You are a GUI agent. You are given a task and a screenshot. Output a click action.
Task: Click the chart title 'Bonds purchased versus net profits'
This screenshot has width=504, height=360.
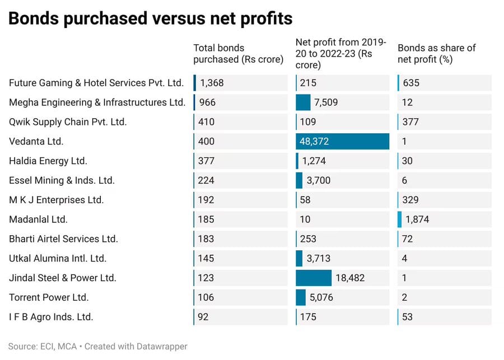click(x=151, y=18)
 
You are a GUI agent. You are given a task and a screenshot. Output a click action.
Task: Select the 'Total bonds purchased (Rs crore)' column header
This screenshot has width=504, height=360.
click(x=238, y=53)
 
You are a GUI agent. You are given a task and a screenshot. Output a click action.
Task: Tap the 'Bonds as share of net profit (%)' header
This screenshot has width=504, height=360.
click(x=436, y=53)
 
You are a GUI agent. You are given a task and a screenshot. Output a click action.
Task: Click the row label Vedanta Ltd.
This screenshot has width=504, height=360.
click(x=36, y=142)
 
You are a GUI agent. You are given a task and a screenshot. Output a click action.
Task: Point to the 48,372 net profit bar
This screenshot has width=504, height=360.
click(x=342, y=142)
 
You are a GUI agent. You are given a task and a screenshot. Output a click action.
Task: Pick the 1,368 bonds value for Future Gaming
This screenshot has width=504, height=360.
click(x=212, y=83)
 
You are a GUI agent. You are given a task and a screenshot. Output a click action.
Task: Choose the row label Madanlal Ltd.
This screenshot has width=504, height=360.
click(x=38, y=219)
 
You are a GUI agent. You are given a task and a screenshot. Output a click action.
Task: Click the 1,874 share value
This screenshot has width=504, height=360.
click(x=417, y=219)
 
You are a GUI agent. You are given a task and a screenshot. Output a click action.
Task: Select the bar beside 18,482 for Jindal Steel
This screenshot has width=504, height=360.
click(x=314, y=278)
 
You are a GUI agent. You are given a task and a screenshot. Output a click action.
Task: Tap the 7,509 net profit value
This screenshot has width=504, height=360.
click(x=326, y=102)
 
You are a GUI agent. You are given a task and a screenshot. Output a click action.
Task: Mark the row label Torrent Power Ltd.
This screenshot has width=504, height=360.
click(x=49, y=298)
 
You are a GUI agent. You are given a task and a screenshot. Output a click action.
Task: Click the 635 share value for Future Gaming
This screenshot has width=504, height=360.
click(x=411, y=83)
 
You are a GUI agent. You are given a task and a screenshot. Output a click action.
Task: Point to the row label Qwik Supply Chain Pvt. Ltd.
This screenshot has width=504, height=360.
click(x=68, y=122)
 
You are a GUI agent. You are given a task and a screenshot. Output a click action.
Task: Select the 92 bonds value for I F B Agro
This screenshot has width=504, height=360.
click(x=203, y=317)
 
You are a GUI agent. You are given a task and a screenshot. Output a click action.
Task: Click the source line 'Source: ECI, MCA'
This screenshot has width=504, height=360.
click(x=43, y=347)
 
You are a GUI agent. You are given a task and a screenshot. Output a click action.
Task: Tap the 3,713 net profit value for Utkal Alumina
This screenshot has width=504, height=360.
click(x=318, y=259)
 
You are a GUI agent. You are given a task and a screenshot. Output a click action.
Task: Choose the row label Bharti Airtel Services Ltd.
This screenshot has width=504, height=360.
click(x=63, y=239)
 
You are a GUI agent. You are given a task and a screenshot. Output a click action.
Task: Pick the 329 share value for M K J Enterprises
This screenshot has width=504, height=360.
click(x=410, y=200)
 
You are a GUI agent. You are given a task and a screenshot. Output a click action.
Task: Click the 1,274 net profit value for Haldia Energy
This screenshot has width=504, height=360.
click(x=314, y=161)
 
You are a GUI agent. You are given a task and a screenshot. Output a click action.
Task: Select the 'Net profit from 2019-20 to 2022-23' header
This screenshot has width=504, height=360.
click(x=340, y=53)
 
